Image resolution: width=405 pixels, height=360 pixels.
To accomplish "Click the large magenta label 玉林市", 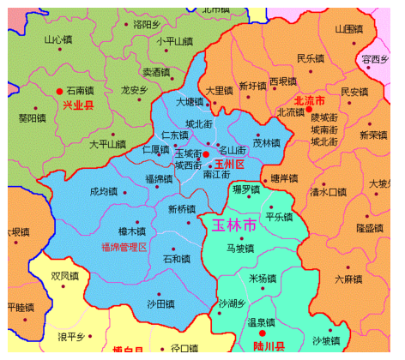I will click(x=233, y=225).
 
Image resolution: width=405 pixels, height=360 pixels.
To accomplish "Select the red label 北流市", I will click(x=310, y=100).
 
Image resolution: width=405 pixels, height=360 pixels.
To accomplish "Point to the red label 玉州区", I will click(x=230, y=164).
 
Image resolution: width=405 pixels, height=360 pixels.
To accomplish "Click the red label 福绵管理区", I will click(x=124, y=248).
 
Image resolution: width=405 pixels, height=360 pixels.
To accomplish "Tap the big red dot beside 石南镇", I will click(x=59, y=90).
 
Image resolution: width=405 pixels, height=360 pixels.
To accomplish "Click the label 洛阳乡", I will click(x=147, y=25).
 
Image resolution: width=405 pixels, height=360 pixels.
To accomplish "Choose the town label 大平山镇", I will click(x=107, y=144).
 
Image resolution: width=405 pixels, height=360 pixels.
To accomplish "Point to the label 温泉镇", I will click(x=261, y=323).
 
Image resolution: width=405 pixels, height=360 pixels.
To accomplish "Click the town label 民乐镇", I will click(x=311, y=58).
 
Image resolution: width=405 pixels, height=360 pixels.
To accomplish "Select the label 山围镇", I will click(x=349, y=29).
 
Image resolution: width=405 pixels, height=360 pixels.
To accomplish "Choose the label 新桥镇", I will click(x=182, y=209).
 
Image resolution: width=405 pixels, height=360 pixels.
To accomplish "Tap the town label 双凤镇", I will click(x=65, y=276).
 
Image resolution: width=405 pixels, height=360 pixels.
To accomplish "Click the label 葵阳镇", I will click(x=32, y=118).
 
